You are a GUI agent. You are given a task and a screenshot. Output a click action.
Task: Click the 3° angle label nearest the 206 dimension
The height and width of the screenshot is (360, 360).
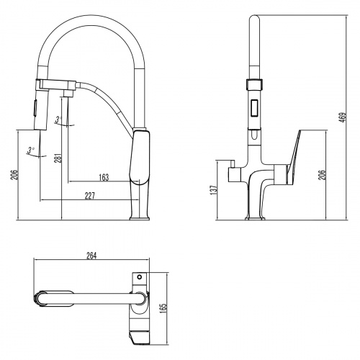click(31, 149)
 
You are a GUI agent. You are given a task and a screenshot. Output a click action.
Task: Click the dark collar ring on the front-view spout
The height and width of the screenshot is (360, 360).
click(253, 82)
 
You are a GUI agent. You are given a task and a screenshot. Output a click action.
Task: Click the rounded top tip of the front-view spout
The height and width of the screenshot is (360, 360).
click(253, 18)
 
